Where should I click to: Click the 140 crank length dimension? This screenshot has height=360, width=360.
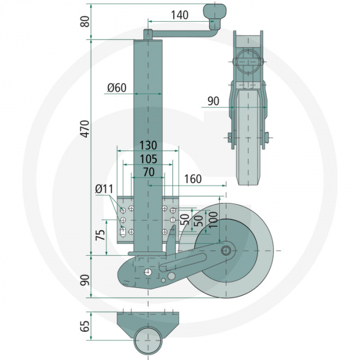pyautogui.click(x=179, y=15)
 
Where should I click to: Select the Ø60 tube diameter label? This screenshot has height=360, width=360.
pyautogui.click(x=117, y=87)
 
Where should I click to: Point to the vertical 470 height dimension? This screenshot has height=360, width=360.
pyautogui.click(x=85, y=128)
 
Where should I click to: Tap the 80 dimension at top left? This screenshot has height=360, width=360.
pyautogui.click(x=85, y=21)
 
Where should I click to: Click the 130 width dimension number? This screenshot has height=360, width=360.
pyautogui.click(x=148, y=146)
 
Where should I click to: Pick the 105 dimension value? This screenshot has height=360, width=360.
pyautogui.click(x=148, y=159)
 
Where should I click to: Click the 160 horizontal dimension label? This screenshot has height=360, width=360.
pyautogui.click(x=192, y=179)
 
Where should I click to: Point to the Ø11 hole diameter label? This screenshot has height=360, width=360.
pyautogui.click(x=104, y=190)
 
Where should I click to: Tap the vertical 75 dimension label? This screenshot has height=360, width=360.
pyautogui.click(x=101, y=235)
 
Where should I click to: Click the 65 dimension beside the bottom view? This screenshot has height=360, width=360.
pyautogui.click(x=85, y=326)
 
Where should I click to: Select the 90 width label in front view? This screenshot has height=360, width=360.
pyautogui.click(x=213, y=101)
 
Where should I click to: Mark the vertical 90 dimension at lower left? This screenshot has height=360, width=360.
pyautogui.click(x=85, y=280)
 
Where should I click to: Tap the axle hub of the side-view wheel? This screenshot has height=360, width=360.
pyautogui.click(x=226, y=250)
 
